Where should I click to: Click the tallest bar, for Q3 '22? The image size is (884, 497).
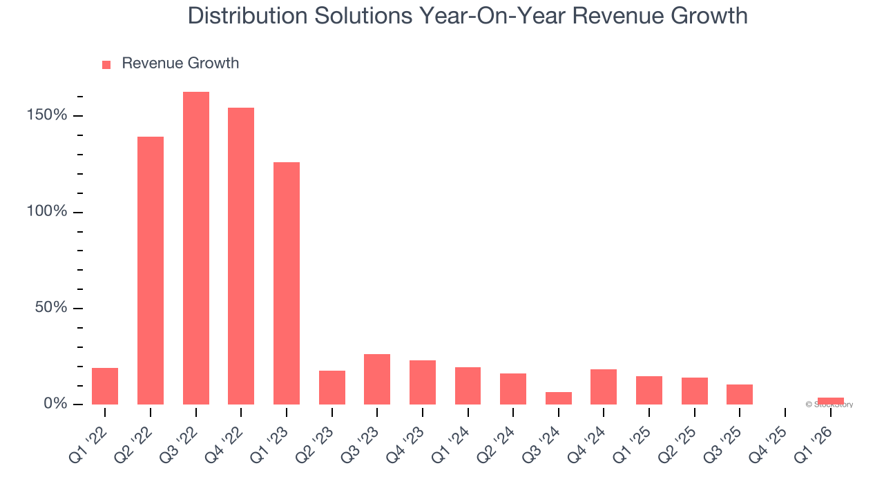pos(196,248)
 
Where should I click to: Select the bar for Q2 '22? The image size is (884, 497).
pos(151,271)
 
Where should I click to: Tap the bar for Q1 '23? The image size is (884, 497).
pos(287,283)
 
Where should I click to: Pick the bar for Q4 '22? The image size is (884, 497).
pos(241,255)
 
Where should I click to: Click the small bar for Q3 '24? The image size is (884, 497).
pos(559,398)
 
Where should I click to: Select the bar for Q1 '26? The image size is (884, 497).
pos(831,401)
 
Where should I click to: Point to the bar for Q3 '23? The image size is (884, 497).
pos(377,379)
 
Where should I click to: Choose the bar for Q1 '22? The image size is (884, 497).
pos(105,386)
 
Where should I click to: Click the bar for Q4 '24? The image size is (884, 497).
pos(604,387)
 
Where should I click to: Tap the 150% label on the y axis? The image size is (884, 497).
pos(47,115)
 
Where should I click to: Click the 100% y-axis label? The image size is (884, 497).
pos(47,211)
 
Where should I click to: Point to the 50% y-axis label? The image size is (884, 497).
pos(51,308)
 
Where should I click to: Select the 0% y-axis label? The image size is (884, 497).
pos(55,404)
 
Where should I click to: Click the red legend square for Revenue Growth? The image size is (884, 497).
pos(106,64)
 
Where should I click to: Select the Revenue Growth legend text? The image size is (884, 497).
pos(180,64)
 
